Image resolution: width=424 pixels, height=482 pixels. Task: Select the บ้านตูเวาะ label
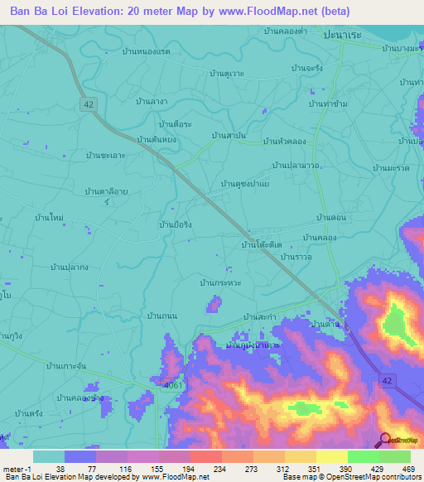coord(227,73)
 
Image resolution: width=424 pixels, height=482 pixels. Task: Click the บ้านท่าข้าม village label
coord(326,104)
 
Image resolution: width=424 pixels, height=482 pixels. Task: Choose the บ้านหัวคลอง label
coord(286,142)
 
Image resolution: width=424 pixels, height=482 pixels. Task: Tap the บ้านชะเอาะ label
coord(105,155)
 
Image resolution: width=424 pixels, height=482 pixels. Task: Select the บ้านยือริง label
coord(175,223)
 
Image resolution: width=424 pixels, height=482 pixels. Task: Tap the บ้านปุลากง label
coord(70,267)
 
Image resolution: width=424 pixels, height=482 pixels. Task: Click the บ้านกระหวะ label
coord(220,283)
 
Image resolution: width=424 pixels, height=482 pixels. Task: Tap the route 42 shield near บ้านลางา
coord(89,102)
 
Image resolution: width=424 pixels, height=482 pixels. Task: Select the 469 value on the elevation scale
coord(409,468)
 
